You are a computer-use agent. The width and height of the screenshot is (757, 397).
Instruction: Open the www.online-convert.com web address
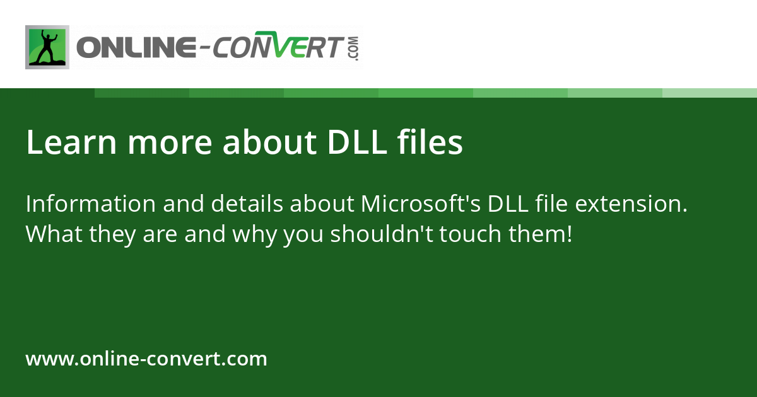[x=146, y=359]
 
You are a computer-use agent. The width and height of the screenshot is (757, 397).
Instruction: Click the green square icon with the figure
[x=47, y=47]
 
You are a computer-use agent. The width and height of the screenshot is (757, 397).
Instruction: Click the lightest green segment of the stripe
[x=710, y=93]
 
